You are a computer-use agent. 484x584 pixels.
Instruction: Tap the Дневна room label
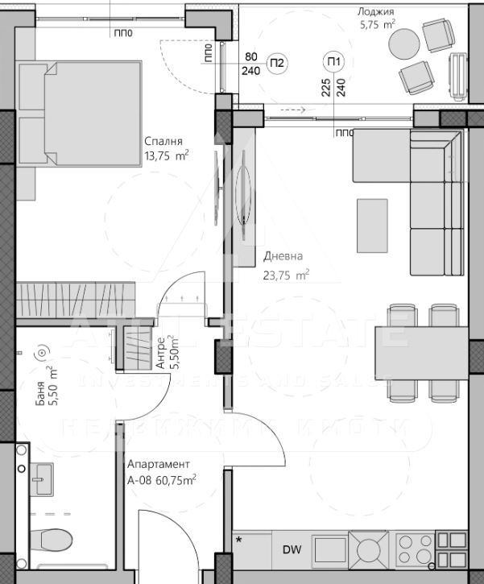[x=283, y=257]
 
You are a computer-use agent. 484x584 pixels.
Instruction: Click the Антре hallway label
[x=161, y=353]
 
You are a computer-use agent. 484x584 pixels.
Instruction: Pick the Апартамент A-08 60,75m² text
[x=162, y=472]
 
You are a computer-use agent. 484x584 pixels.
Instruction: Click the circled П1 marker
[x=333, y=62]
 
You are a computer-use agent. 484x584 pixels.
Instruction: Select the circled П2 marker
[x=277, y=63]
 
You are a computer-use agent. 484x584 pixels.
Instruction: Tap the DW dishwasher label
[x=288, y=551]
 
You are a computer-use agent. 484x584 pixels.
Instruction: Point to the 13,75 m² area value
[x=167, y=155]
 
